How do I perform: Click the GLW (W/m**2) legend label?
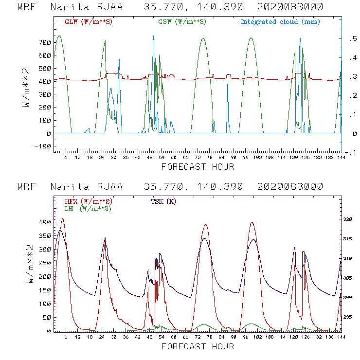tap(89, 22)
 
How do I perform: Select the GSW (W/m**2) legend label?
tap(182, 22)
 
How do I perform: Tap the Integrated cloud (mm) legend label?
tap(280, 22)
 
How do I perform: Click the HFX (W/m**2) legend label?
tap(89, 201)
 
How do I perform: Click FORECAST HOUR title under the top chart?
tap(198, 167)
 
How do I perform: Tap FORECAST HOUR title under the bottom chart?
tap(198, 347)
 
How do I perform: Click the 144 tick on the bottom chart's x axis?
tap(342, 337)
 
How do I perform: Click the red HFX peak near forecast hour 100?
tap(252, 222)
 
